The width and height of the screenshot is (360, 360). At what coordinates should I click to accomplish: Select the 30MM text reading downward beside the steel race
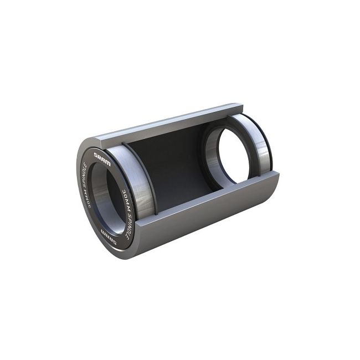click(124, 195)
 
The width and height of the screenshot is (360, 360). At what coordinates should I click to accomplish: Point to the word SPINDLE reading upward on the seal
click(85, 175)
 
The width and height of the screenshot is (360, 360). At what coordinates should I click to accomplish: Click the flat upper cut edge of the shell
click(166, 122)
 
